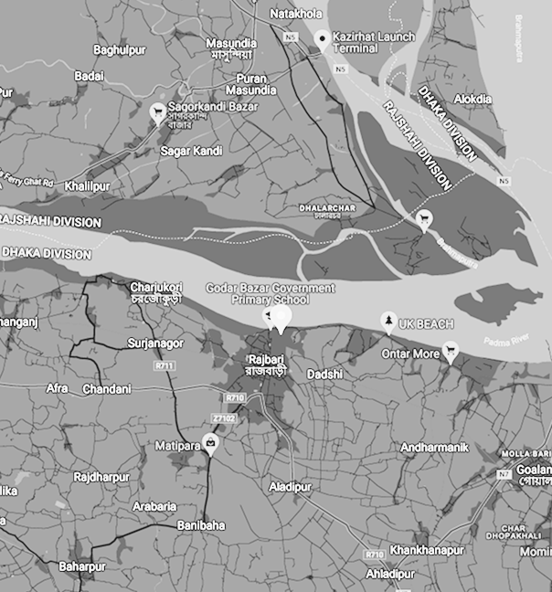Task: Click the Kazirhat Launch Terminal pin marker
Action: pos(322,38)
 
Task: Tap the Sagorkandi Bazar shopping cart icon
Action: pos(157,113)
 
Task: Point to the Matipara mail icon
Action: pos(212,445)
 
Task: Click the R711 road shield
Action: pos(165,366)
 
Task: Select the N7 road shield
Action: pos(504,474)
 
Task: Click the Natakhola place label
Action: pos(298,14)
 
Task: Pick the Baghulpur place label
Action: pos(121,49)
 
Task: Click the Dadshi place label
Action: pos(324,375)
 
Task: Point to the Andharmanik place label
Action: pos(434,447)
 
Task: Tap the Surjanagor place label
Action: pos(155,344)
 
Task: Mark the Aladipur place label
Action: pos(291,487)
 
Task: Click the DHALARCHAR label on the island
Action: pos(327,208)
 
